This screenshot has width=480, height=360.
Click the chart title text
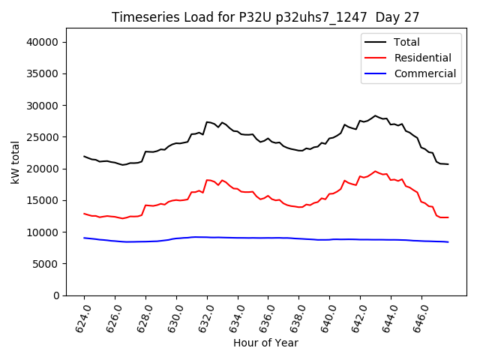pyautogui.click(x=265, y=16)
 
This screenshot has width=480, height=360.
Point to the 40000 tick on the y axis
pyautogui.click(x=43, y=42)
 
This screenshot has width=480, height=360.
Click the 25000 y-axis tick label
pyautogui.click(x=43, y=137)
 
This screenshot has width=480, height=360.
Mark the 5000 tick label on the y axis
pyautogui.click(x=46, y=264)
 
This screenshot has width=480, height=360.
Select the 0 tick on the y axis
pyautogui.click(x=57, y=295)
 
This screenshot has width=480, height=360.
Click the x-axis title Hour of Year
pyautogui.click(x=265, y=343)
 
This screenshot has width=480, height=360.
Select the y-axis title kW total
pyautogui.click(x=15, y=162)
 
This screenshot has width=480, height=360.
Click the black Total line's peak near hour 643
pyautogui.click(x=376, y=116)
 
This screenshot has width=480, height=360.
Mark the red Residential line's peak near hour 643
pyautogui.click(x=376, y=172)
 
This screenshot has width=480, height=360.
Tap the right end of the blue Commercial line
pyautogui.click(x=448, y=241)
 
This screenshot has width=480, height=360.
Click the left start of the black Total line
pyautogui.click(x=84, y=157)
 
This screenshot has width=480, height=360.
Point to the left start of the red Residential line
pyautogui.click(x=84, y=214)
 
